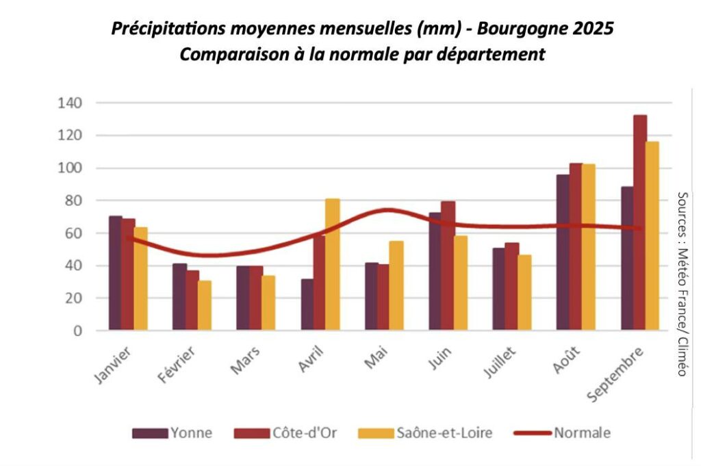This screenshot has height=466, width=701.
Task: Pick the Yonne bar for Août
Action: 563,253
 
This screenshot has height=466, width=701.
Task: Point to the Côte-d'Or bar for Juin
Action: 448,266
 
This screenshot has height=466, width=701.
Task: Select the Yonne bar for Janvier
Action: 116,274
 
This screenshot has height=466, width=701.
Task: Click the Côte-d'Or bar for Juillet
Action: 511,287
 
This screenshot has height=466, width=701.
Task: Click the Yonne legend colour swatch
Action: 149,433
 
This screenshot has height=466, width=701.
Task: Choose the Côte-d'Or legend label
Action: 299,433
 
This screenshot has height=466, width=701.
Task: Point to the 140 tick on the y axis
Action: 71,103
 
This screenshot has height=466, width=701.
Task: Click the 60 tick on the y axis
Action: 73,233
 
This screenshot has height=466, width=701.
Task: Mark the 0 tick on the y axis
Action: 77,331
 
